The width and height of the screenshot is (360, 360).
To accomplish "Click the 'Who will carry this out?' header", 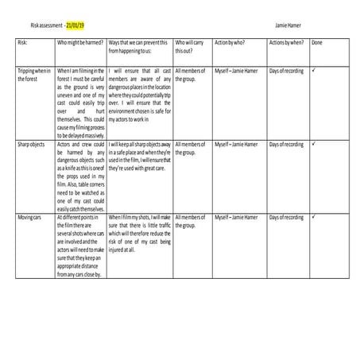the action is tap(192, 44).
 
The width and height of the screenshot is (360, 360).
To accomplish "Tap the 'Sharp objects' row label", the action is tap(31, 145).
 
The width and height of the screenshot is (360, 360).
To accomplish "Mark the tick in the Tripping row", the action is tap(315, 71).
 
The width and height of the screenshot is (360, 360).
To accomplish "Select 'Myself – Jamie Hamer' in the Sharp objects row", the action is tap(237, 145).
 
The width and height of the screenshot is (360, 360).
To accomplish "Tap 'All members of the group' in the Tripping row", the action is tap(191, 75).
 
